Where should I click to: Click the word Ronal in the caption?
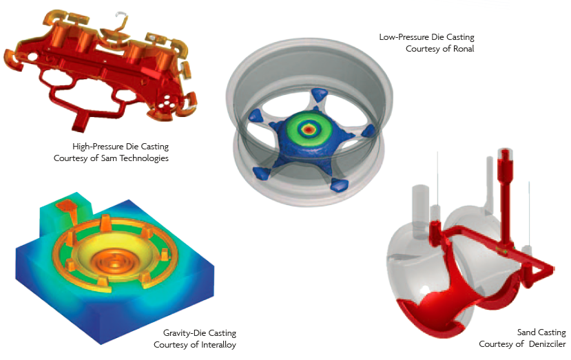point(464,49)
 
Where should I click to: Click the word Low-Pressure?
point(404,37)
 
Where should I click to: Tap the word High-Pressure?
point(98,147)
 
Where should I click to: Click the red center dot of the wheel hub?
point(309,129)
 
